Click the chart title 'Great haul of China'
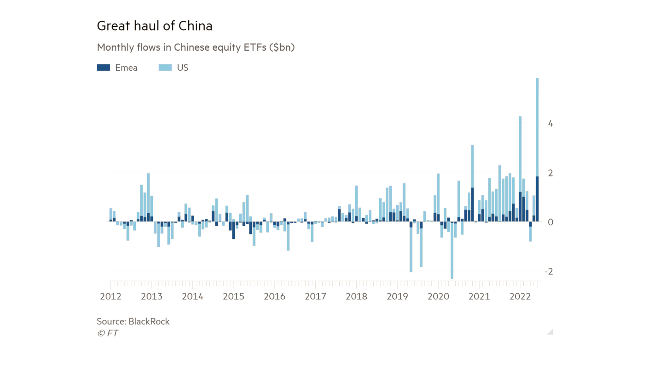[154, 26]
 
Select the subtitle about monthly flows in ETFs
[196, 47]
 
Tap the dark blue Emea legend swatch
[103, 68]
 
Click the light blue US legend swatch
[165, 68]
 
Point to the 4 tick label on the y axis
[550, 124]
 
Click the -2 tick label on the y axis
[549, 272]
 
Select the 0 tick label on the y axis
[550, 222]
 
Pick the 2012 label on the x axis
[111, 296]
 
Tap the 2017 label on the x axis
[315, 296]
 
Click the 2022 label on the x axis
[520, 296]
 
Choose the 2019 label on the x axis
[397, 296]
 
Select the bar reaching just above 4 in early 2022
[520, 153]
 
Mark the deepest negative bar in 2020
[452, 251]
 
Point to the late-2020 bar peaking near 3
[472, 167]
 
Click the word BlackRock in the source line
[149, 321]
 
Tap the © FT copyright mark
[108, 333]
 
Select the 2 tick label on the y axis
[550, 173]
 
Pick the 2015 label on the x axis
[233, 296]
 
